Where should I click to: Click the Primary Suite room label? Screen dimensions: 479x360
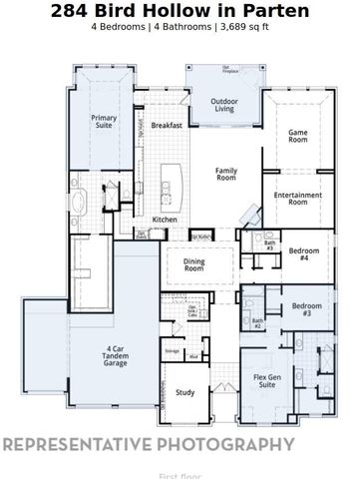tap(105, 123)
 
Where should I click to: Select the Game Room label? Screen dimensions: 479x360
tap(297, 137)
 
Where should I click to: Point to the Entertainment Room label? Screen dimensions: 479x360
tap(297, 197)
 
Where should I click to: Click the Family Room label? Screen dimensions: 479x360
tap(226, 175)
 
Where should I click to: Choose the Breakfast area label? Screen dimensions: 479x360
tap(166, 126)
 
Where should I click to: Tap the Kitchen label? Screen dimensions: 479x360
tap(164, 220)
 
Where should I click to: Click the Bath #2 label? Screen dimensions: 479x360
tap(256, 323)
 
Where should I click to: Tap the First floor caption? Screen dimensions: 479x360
tap(180, 476)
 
